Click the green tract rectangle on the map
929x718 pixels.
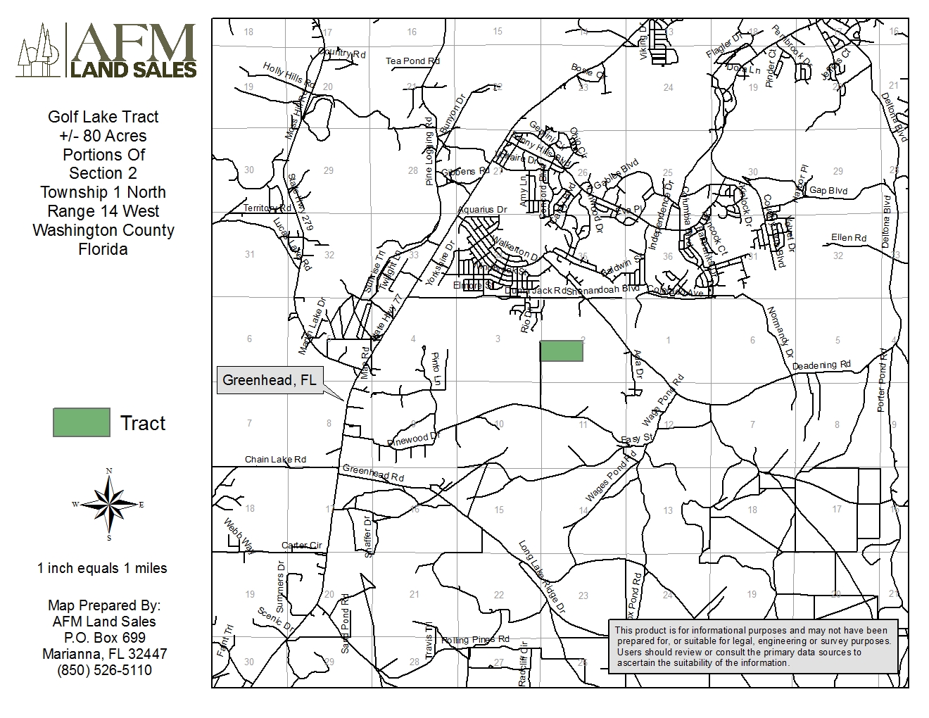click(x=561, y=351)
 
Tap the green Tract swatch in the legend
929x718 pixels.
click(x=82, y=422)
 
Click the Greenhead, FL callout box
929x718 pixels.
click(x=269, y=380)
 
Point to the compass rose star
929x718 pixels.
click(x=108, y=504)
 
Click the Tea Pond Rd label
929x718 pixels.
click(x=412, y=61)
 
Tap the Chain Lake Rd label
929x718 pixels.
click(x=275, y=460)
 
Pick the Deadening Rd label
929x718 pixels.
click(x=821, y=365)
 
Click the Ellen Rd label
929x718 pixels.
click(x=848, y=238)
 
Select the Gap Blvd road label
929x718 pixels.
click(x=828, y=191)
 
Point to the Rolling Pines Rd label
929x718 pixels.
click(x=475, y=640)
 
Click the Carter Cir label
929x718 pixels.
click(x=301, y=546)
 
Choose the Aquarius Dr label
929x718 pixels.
click(x=482, y=210)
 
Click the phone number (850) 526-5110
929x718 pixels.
click(x=104, y=670)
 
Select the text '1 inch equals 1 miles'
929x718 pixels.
click(x=102, y=568)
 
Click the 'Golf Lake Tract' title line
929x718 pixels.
click(x=103, y=117)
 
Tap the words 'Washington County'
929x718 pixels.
click(x=103, y=230)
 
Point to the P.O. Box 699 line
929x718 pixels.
click(x=104, y=638)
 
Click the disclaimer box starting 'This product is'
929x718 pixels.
click(x=752, y=646)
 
